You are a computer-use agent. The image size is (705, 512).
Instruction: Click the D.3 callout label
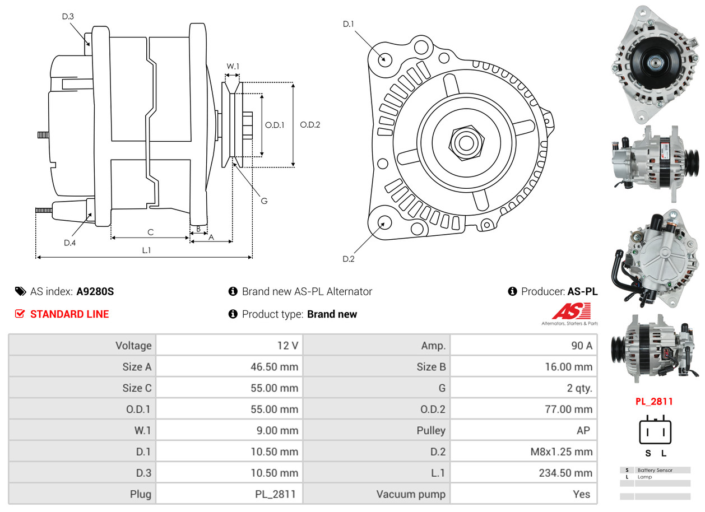click(x=68, y=17)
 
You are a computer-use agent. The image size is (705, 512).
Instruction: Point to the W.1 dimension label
click(x=233, y=67)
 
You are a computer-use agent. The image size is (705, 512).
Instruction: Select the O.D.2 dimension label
click(x=310, y=125)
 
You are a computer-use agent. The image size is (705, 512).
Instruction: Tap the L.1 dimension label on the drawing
click(x=146, y=250)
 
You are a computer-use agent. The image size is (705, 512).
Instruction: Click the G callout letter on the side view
click(x=264, y=201)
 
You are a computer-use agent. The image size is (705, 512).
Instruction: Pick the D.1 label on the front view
click(x=349, y=24)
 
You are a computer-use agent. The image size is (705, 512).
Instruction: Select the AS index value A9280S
click(x=95, y=291)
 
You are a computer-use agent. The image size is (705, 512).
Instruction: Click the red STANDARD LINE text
click(x=69, y=314)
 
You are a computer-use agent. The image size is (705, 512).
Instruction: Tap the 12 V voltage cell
click(x=287, y=346)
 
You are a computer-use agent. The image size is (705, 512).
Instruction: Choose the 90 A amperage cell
click(x=581, y=346)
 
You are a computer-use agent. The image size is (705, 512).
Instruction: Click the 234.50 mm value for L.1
click(x=565, y=473)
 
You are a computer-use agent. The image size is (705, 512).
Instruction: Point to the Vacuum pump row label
click(x=411, y=494)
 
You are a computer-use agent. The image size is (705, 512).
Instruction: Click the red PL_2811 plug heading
click(x=654, y=402)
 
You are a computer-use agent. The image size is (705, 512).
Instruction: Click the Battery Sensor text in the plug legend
click(x=655, y=470)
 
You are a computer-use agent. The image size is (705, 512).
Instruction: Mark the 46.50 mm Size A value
click(x=274, y=367)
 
